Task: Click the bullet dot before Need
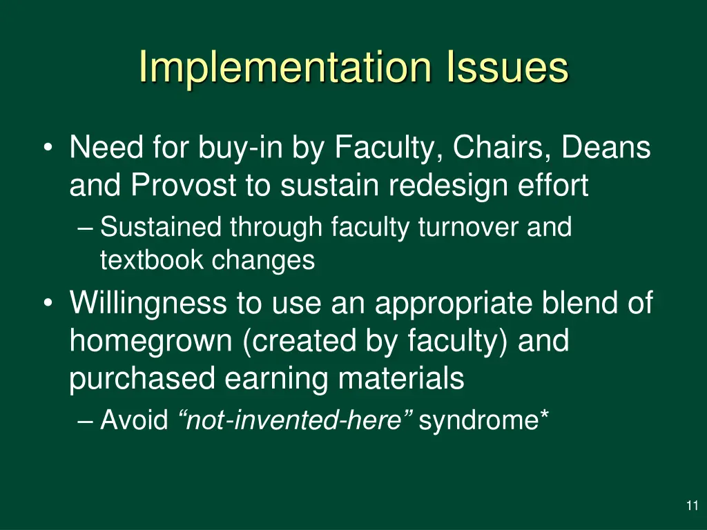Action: (47, 148)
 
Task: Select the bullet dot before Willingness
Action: (47, 304)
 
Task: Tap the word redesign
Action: (439, 186)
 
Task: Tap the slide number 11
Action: (692, 507)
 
